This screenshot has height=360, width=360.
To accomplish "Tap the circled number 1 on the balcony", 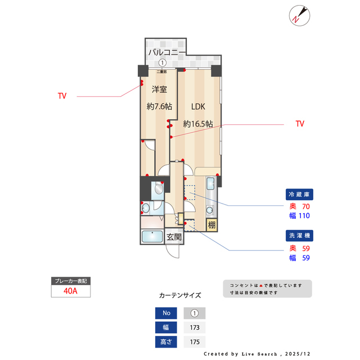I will (162, 64).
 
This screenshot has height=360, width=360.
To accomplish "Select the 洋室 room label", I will (159, 89).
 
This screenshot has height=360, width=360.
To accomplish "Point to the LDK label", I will (197, 106).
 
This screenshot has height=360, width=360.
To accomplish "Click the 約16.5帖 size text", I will (197, 124).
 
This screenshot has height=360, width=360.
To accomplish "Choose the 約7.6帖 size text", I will (159, 106).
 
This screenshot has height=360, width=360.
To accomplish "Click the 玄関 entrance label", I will (174, 237).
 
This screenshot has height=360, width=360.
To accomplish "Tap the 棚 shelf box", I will (211, 226).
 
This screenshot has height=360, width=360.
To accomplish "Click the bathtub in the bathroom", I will (152, 237).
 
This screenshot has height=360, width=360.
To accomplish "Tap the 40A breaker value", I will (70, 291).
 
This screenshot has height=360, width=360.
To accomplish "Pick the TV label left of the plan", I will (62, 96).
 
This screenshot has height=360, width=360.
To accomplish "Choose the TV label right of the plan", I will (300, 124).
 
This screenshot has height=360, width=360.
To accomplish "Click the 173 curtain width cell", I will (194, 327).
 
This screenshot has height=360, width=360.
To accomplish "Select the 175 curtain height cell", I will (194, 341).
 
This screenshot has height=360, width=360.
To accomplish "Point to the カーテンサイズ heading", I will (180, 295).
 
